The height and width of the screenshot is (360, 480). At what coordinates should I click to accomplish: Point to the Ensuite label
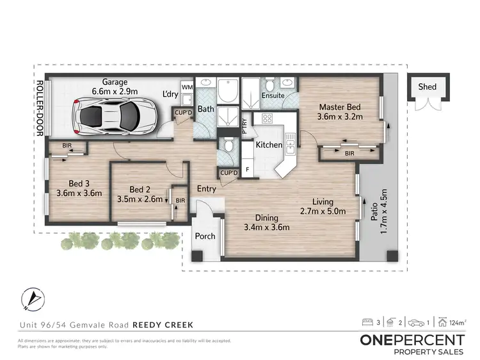tap(274, 95)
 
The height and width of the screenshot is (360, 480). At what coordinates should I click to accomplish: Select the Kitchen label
tap(269, 145)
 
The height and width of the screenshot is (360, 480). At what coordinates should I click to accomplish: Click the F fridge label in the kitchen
tap(248, 170)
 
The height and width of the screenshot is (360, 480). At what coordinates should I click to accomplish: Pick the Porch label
tap(205, 236)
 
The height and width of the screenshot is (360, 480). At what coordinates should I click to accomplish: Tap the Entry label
tap(206, 189)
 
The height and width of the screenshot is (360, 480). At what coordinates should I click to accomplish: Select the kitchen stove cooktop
tap(266, 119)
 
